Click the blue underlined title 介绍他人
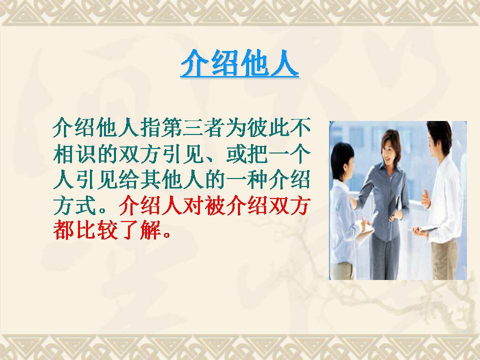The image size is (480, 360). pyautogui.click(x=239, y=63)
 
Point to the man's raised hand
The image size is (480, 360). pyautogui.click(x=426, y=199)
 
